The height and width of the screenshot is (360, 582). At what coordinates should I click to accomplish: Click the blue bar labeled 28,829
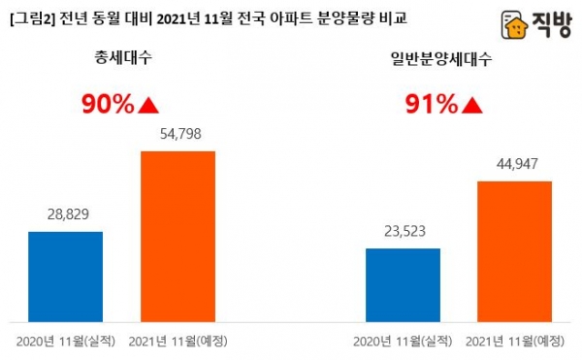[x=65, y=276]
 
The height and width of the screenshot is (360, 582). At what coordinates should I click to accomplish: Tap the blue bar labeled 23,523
[x=403, y=284]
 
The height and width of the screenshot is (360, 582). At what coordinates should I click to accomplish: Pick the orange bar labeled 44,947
[x=514, y=251]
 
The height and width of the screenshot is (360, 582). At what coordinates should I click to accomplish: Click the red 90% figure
[x=107, y=104]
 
